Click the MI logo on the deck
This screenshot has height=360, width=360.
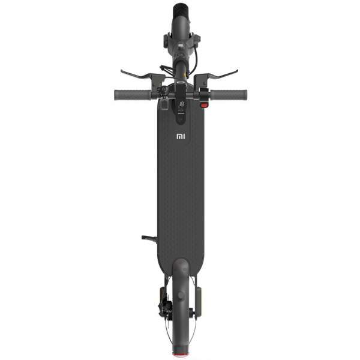point(181,137)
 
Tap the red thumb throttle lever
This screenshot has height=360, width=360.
point(204,106)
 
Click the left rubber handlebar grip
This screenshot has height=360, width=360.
point(133,95)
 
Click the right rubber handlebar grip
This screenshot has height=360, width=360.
point(229,95)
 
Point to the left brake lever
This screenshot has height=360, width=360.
point(138,75)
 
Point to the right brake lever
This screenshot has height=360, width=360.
point(221,75)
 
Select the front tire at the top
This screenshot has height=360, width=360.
point(181,10)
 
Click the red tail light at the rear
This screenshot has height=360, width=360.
point(181,354)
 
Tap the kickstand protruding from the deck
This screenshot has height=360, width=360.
point(149,239)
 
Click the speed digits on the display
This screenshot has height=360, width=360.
point(181,104)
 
